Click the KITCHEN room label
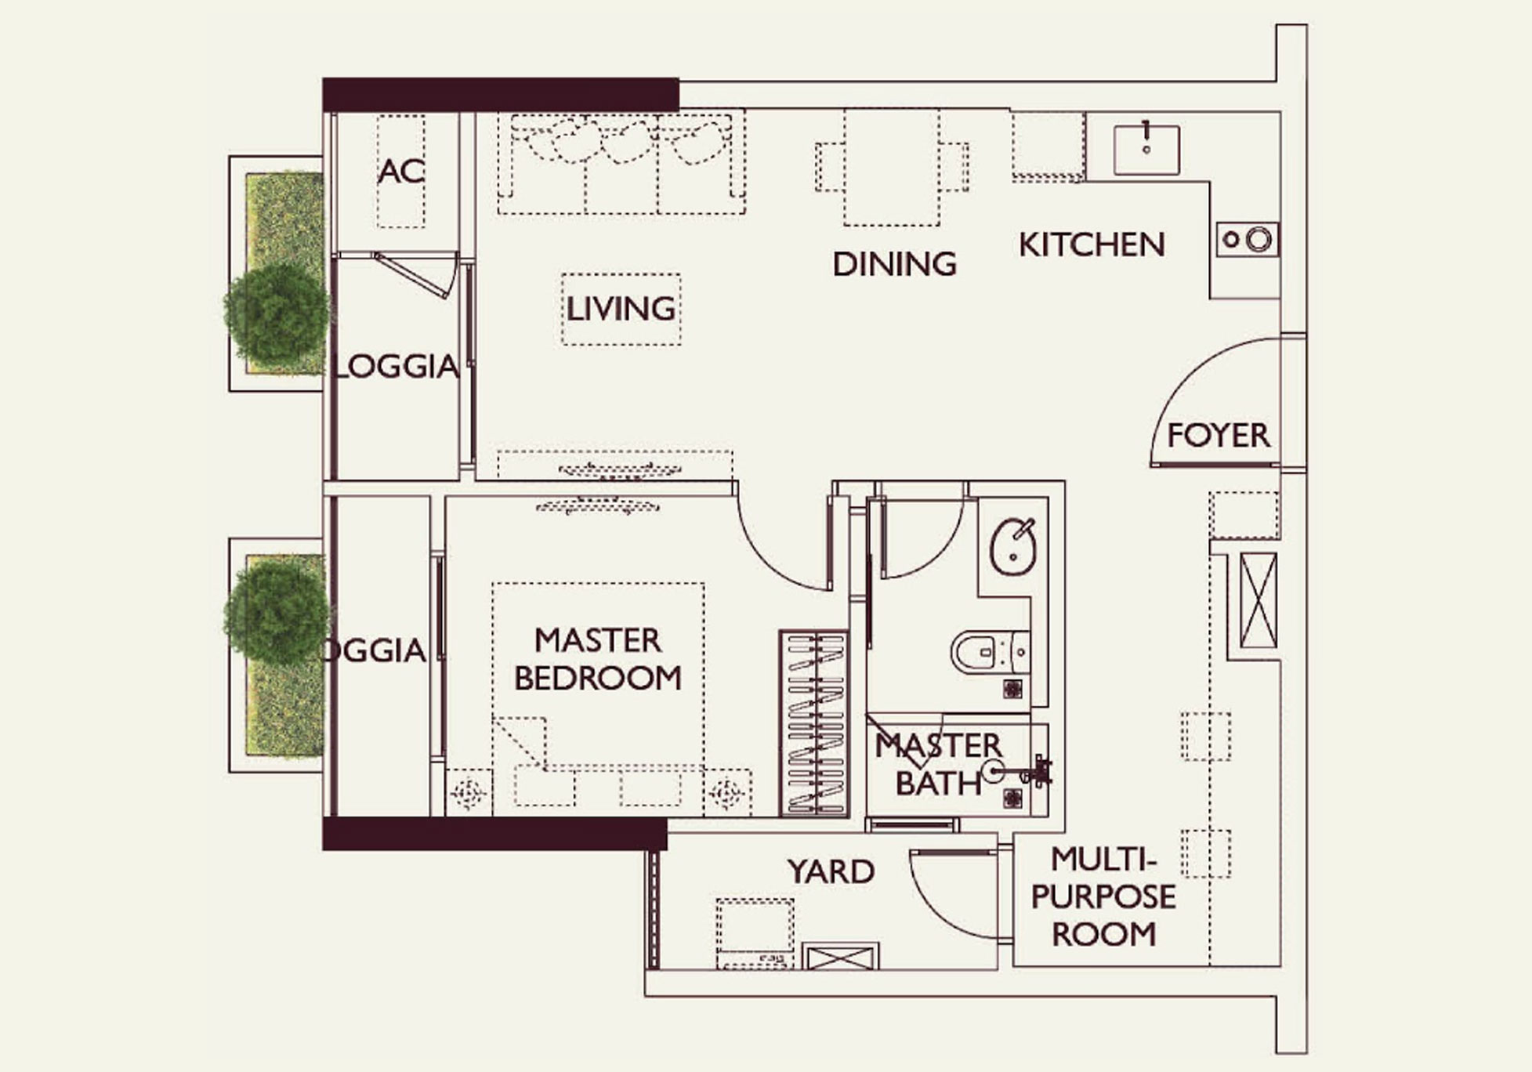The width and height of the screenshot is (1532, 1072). pos(1092,245)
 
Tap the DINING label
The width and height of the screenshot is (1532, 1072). pos(894,264)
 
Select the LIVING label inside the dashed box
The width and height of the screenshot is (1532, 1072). pos(621,309)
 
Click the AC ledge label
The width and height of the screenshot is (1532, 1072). pos(400,171)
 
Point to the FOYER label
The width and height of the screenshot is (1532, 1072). pos(1218,436)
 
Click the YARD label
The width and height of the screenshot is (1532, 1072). pos(831,871)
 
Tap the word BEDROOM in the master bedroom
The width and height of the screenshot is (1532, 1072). pos(598,678)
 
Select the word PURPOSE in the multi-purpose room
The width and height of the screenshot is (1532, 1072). pos(1103,896)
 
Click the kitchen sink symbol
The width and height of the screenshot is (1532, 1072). pos(1146,149)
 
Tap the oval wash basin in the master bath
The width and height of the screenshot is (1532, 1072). pos(1013,546)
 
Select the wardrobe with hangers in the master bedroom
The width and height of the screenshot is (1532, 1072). pos(814,723)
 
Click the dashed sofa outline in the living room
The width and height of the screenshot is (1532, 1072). pos(621,163)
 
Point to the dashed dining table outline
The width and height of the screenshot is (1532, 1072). pos(892,166)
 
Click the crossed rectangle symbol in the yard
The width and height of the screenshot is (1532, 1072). pos(840,957)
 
